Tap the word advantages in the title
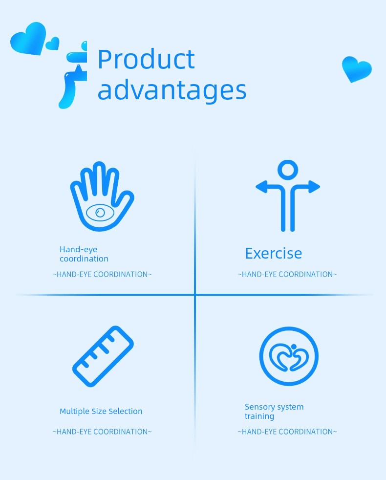[172, 90]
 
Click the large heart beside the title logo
[28, 38]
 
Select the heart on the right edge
[357, 69]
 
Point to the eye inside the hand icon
[100, 213]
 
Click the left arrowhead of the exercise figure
[261, 187]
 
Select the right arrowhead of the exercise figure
[314, 187]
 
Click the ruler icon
[103, 356]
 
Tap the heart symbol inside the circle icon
[289, 357]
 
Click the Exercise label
[273, 254]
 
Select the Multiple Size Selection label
[101, 411]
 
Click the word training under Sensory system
[259, 416]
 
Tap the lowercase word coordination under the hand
[84, 259]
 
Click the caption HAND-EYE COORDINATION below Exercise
[287, 274]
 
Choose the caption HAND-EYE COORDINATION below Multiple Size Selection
[102, 432]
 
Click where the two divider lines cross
[194, 294]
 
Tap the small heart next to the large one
[53, 44]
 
